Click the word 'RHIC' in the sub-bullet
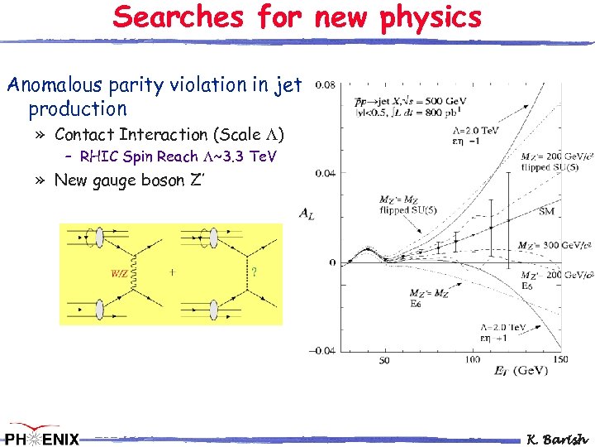pos(98,156)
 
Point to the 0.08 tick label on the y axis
pos(326,85)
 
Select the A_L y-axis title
pos(306,213)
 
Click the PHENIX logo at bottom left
pos(41,437)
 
